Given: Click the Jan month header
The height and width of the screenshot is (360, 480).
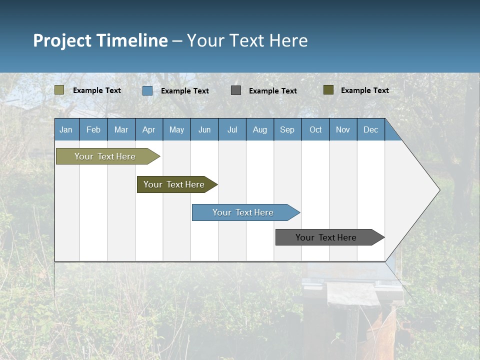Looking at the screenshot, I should click(x=66, y=129).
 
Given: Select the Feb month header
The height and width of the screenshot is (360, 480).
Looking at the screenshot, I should click(x=93, y=129).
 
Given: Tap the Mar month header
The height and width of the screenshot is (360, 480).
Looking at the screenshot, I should click(x=121, y=129).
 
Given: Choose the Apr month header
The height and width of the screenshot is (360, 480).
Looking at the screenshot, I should click(x=149, y=129).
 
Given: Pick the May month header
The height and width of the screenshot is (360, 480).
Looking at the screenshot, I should click(x=176, y=129).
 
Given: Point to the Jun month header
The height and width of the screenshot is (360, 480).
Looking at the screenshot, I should click(x=204, y=129).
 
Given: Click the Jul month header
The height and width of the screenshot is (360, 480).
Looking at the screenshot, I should click(x=232, y=129).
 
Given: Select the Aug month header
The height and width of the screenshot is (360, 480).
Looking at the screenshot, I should click(x=260, y=129).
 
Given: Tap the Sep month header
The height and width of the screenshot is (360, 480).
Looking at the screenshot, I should click(x=287, y=129).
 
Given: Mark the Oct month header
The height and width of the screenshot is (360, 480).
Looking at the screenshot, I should click(x=315, y=129).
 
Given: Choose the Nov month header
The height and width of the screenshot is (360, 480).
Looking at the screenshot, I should click(x=343, y=129).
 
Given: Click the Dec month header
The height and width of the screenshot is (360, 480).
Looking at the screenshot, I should click(x=371, y=129).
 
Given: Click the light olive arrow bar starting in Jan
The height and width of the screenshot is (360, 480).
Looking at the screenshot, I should click(x=105, y=156).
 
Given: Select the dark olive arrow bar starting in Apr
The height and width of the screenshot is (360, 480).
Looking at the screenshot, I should click(x=174, y=184).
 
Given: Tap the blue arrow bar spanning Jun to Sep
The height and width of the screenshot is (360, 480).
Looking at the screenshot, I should click(x=243, y=212).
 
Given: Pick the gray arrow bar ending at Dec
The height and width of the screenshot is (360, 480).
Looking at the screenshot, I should click(x=326, y=237).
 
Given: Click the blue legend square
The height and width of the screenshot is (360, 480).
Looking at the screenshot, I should click(x=147, y=90).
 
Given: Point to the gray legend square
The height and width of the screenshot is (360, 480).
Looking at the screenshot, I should click(x=236, y=90).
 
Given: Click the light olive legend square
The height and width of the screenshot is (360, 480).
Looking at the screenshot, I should click(x=59, y=90).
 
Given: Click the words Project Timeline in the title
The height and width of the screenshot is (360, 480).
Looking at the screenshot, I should click(x=100, y=40).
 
